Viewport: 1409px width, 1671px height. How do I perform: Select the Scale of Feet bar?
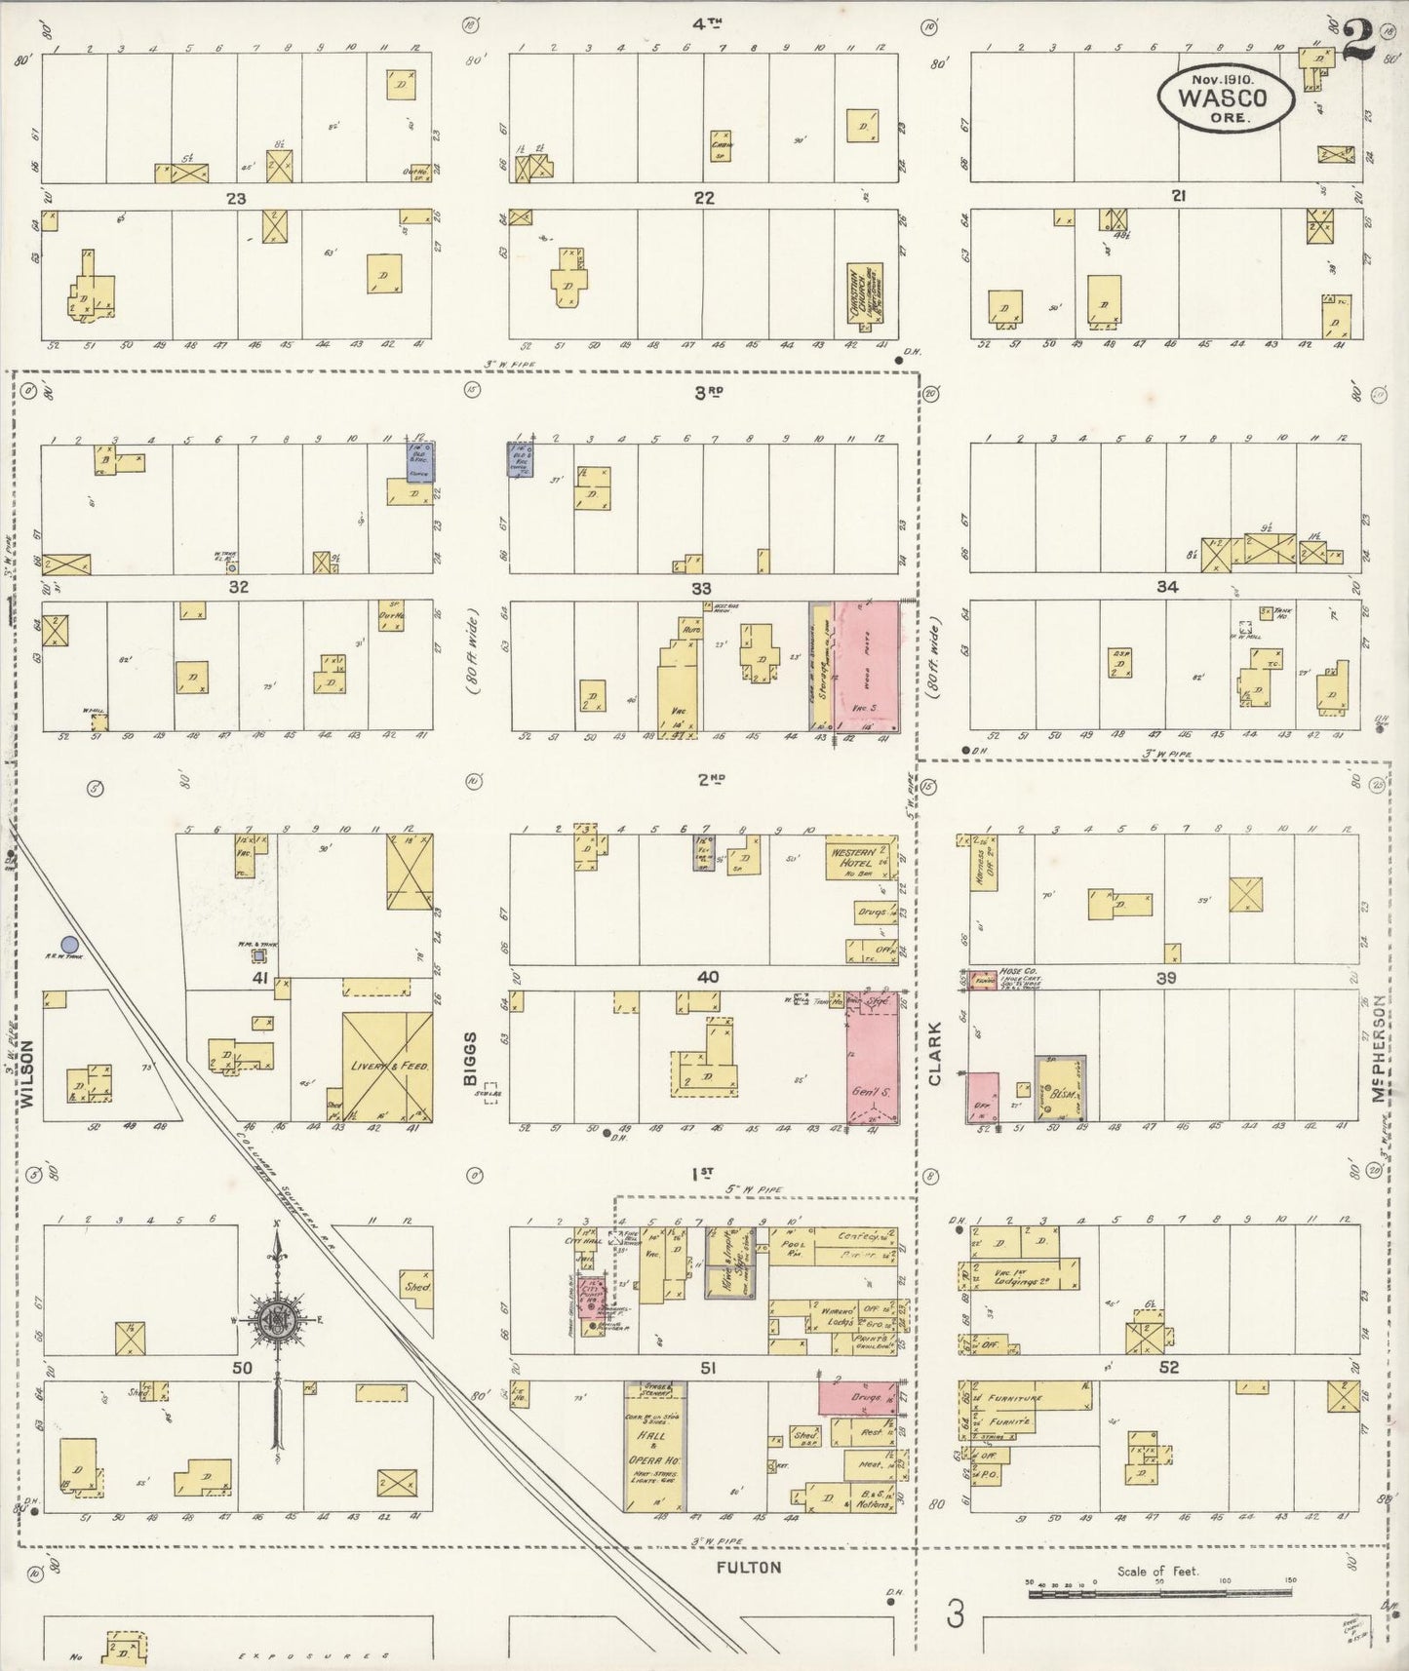pos(1160,1592)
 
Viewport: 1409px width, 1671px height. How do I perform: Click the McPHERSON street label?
pos(1378,1048)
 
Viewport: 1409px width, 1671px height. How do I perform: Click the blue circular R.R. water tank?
pos(69,944)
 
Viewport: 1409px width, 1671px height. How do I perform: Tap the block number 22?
pos(703,198)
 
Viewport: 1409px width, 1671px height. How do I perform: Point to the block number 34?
pos(1167,587)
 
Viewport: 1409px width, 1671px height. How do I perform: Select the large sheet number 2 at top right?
pos(1357,41)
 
